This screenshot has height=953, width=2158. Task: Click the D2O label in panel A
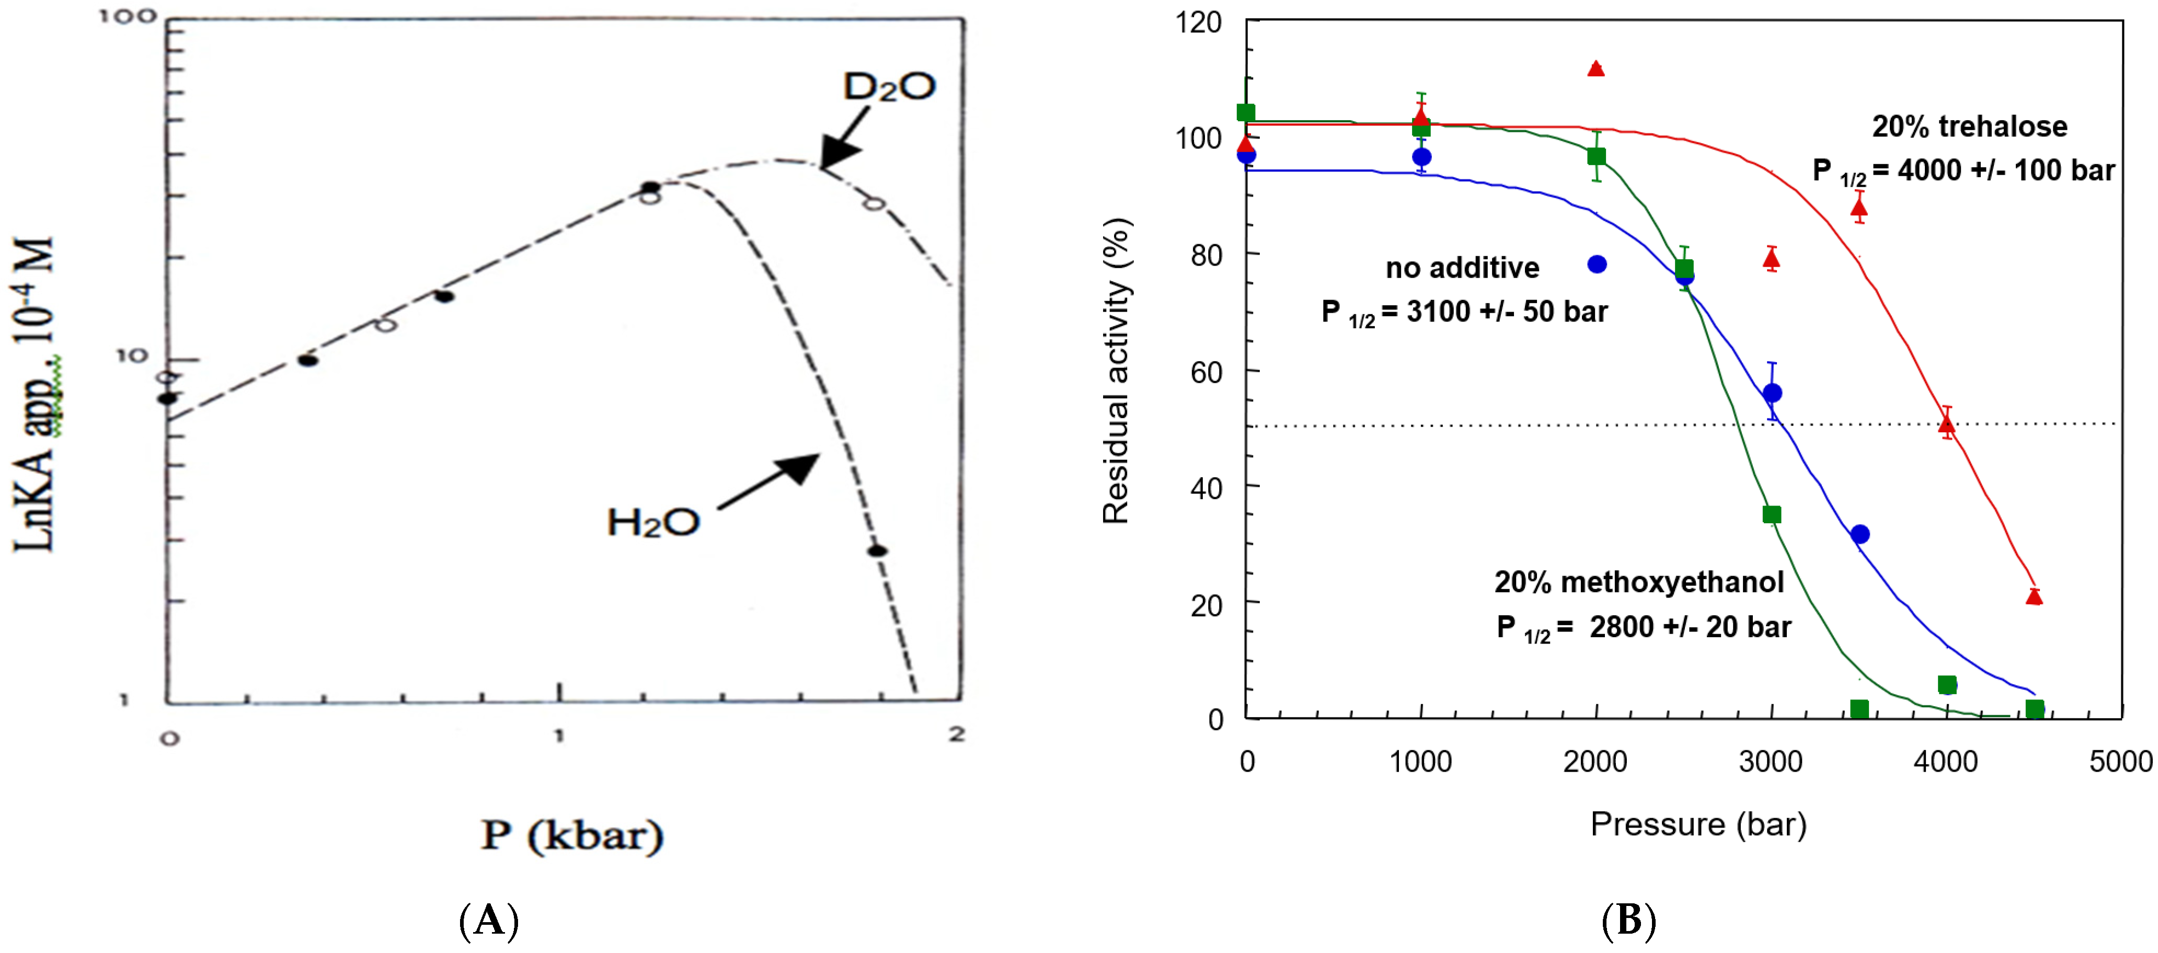coord(888,86)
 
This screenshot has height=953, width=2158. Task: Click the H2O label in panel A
coord(652,523)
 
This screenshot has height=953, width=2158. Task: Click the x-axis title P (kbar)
coord(572,835)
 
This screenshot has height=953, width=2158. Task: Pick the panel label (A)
coord(489,921)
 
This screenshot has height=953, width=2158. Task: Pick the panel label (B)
coord(1628,921)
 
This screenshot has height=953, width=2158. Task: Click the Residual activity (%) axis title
coord(1116,371)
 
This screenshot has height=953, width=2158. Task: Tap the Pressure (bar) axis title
coord(1698,825)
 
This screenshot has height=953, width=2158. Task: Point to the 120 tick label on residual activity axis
coord(1198,22)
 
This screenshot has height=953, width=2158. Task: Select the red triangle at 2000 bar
coord(1596,68)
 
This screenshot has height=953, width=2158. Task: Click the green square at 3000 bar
coord(1771,514)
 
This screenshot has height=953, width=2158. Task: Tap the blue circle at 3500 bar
coord(1860,534)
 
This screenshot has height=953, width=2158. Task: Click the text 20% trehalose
coord(1969,127)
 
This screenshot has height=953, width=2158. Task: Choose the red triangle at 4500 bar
coord(2034,596)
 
